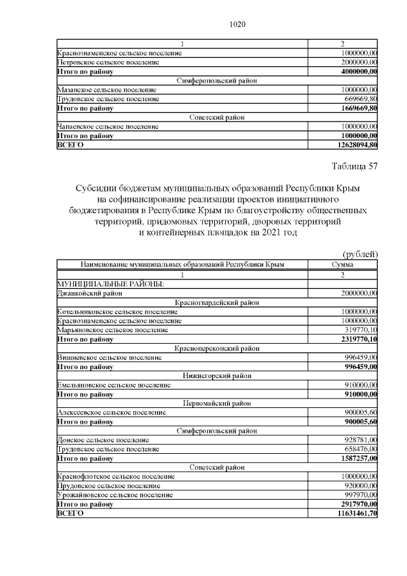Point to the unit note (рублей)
pos(361,255)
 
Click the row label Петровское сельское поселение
pos(107,62)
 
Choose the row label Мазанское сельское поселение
pos(107,90)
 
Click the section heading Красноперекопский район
pos(217,348)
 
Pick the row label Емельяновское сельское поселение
pos(114,384)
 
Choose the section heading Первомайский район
pos(217,404)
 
